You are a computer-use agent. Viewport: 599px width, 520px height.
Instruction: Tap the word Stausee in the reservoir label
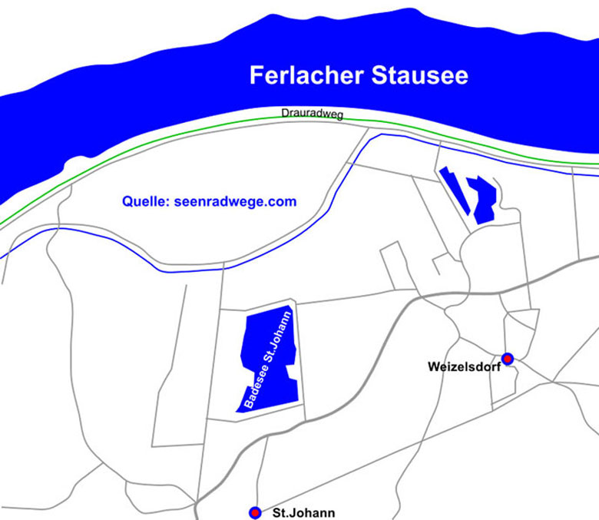420,76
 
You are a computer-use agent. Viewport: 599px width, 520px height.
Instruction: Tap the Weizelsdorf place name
464,367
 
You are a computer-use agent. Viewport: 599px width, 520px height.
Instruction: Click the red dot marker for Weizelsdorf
508,359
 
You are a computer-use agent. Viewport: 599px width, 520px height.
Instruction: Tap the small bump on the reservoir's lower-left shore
77,162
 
